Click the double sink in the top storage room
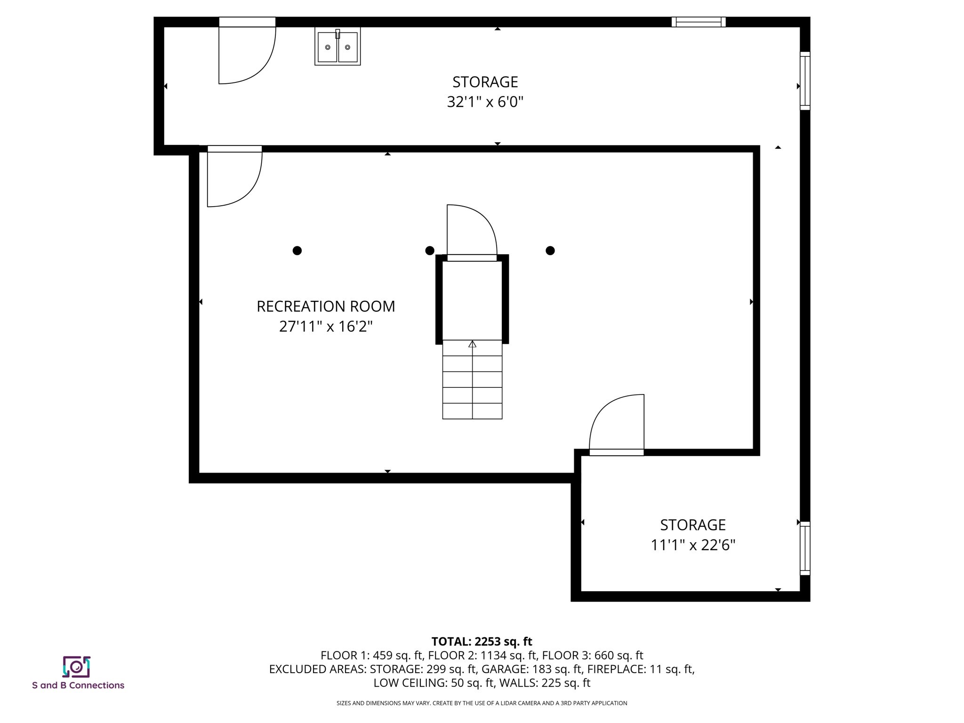(337, 47)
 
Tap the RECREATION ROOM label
(326, 306)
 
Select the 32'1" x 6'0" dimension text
(485, 102)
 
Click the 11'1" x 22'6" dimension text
(692, 545)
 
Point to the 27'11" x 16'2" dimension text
(326, 326)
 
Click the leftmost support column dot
(297, 250)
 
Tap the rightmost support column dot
(550, 250)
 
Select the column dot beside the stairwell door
(429, 250)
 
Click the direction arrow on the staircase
(472, 345)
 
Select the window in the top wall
(698, 22)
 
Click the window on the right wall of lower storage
(805, 548)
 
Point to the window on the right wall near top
(805, 81)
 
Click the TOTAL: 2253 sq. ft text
(482, 642)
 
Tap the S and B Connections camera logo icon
(76, 667)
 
